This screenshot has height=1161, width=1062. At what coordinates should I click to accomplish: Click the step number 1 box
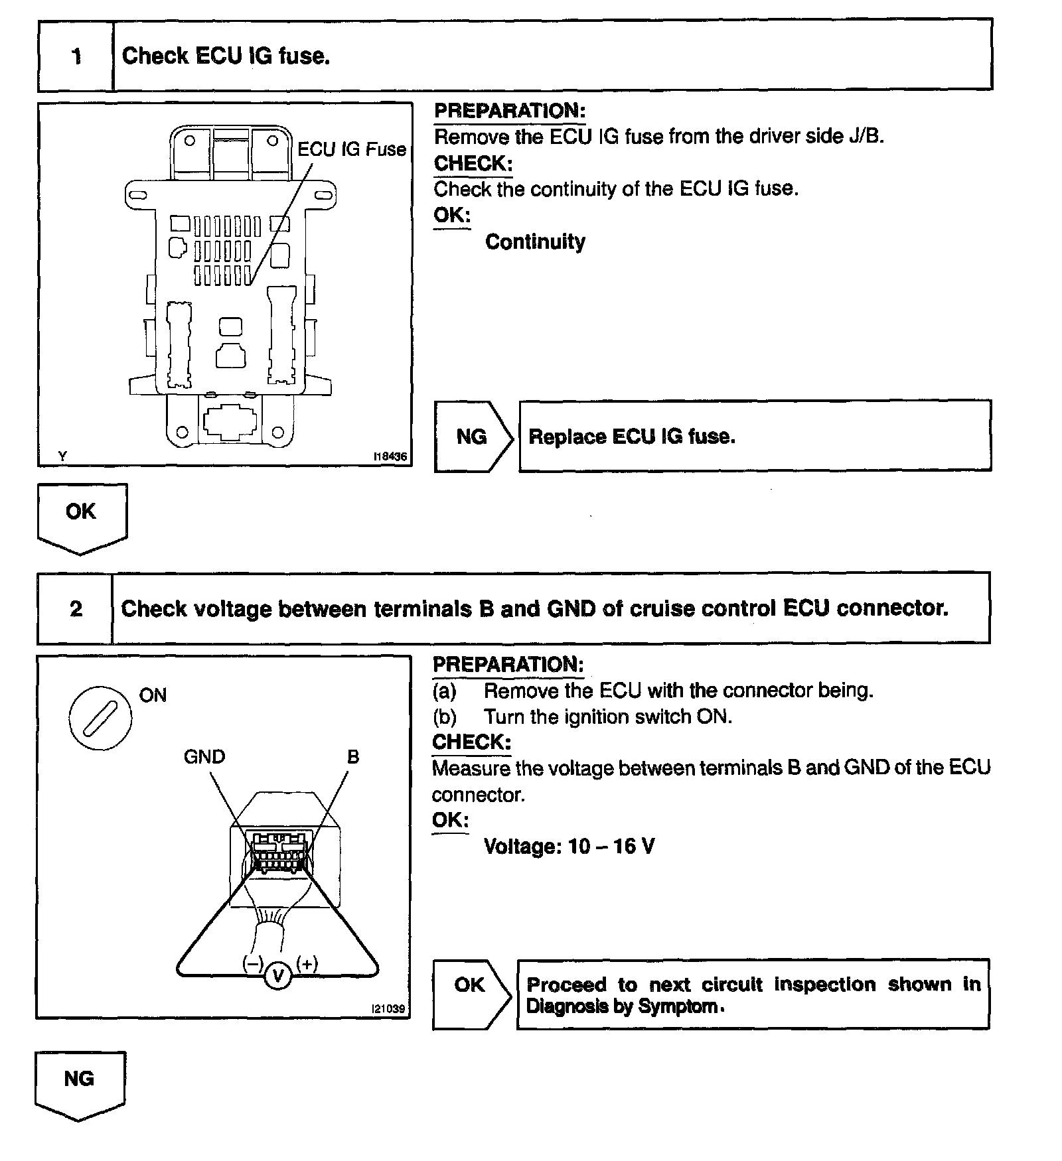pyautogui.click(x=76, y=56)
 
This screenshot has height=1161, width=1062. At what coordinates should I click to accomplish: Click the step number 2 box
pyautogui.click(x=75, y=608)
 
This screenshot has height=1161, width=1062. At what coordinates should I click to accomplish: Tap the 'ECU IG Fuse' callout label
pyautogui.click(x=351, y=149)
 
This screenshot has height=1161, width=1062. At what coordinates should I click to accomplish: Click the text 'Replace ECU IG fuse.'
pyautogui.click(x=631, y=437)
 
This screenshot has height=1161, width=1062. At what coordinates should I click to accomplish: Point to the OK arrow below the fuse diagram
pyautogui.click(x=82, y=514)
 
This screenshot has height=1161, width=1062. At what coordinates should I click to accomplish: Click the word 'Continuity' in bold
pyautogui.click(x=535, y=241)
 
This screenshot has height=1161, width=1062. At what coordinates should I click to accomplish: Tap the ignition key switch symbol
pyautogui.click(x=100, y=718)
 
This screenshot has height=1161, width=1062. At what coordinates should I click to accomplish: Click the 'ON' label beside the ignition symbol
pyautogui.click(x=153, y=695)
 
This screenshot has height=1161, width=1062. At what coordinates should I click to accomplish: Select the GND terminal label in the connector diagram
pyautogui.click(x=204, y=756)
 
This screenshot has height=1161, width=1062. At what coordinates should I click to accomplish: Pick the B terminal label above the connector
pyautogui.click(x=353, y=756)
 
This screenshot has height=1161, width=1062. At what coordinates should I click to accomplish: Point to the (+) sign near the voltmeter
pyautogui.click(x=307, y=963)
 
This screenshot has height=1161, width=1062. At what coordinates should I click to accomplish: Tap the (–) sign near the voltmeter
pyautogui.click(x=252, y=963)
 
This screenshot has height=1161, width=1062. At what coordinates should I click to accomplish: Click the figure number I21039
pyautogui.click(x=388, y=1008)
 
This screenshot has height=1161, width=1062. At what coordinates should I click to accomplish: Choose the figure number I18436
pyautogui.click(x=390, y=456)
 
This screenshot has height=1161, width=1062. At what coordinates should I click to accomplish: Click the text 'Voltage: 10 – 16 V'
pyautogui.click(x=569, y=846)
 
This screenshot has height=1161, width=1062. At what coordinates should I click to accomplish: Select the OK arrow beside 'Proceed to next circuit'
pyautogui.click(x=471, y=985)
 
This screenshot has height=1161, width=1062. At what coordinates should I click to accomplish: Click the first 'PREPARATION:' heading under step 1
pyautogui.click(x=510, y=111)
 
